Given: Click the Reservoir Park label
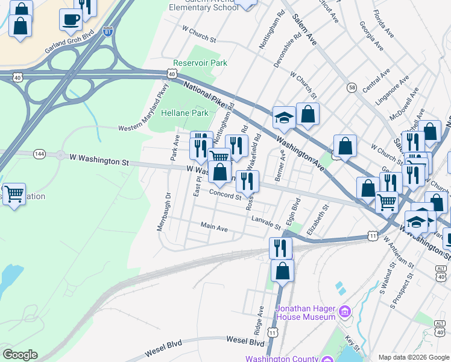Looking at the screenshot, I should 200,63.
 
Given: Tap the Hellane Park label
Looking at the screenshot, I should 184,113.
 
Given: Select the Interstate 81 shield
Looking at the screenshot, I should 107,32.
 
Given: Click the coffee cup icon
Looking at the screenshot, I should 71,19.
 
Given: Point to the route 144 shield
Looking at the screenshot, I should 39,154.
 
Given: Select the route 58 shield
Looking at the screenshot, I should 352,87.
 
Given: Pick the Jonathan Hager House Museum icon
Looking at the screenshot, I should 344,311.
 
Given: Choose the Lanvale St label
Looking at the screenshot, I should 266,223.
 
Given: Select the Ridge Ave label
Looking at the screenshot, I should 258,320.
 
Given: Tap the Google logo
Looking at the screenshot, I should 19,355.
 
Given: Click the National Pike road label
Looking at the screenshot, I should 206,94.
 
